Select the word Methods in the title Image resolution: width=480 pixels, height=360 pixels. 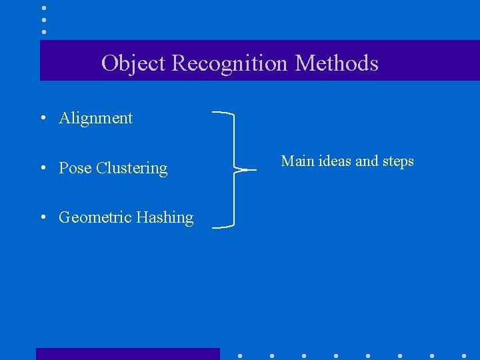tap(337, 63)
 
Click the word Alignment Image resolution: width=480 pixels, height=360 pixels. tap(96, 119)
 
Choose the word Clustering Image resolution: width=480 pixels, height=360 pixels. tap(132, 168)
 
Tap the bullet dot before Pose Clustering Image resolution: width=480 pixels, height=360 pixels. tap(42, 169)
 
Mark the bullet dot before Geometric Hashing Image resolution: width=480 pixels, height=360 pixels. tap(42, 218)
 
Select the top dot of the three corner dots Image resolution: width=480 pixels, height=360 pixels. tap(44, 8)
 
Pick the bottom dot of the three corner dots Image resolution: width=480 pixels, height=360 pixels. tap(44, 31)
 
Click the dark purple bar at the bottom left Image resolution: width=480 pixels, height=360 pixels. tap(127, 354)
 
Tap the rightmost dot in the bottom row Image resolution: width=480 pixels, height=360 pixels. tap(464, 356)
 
